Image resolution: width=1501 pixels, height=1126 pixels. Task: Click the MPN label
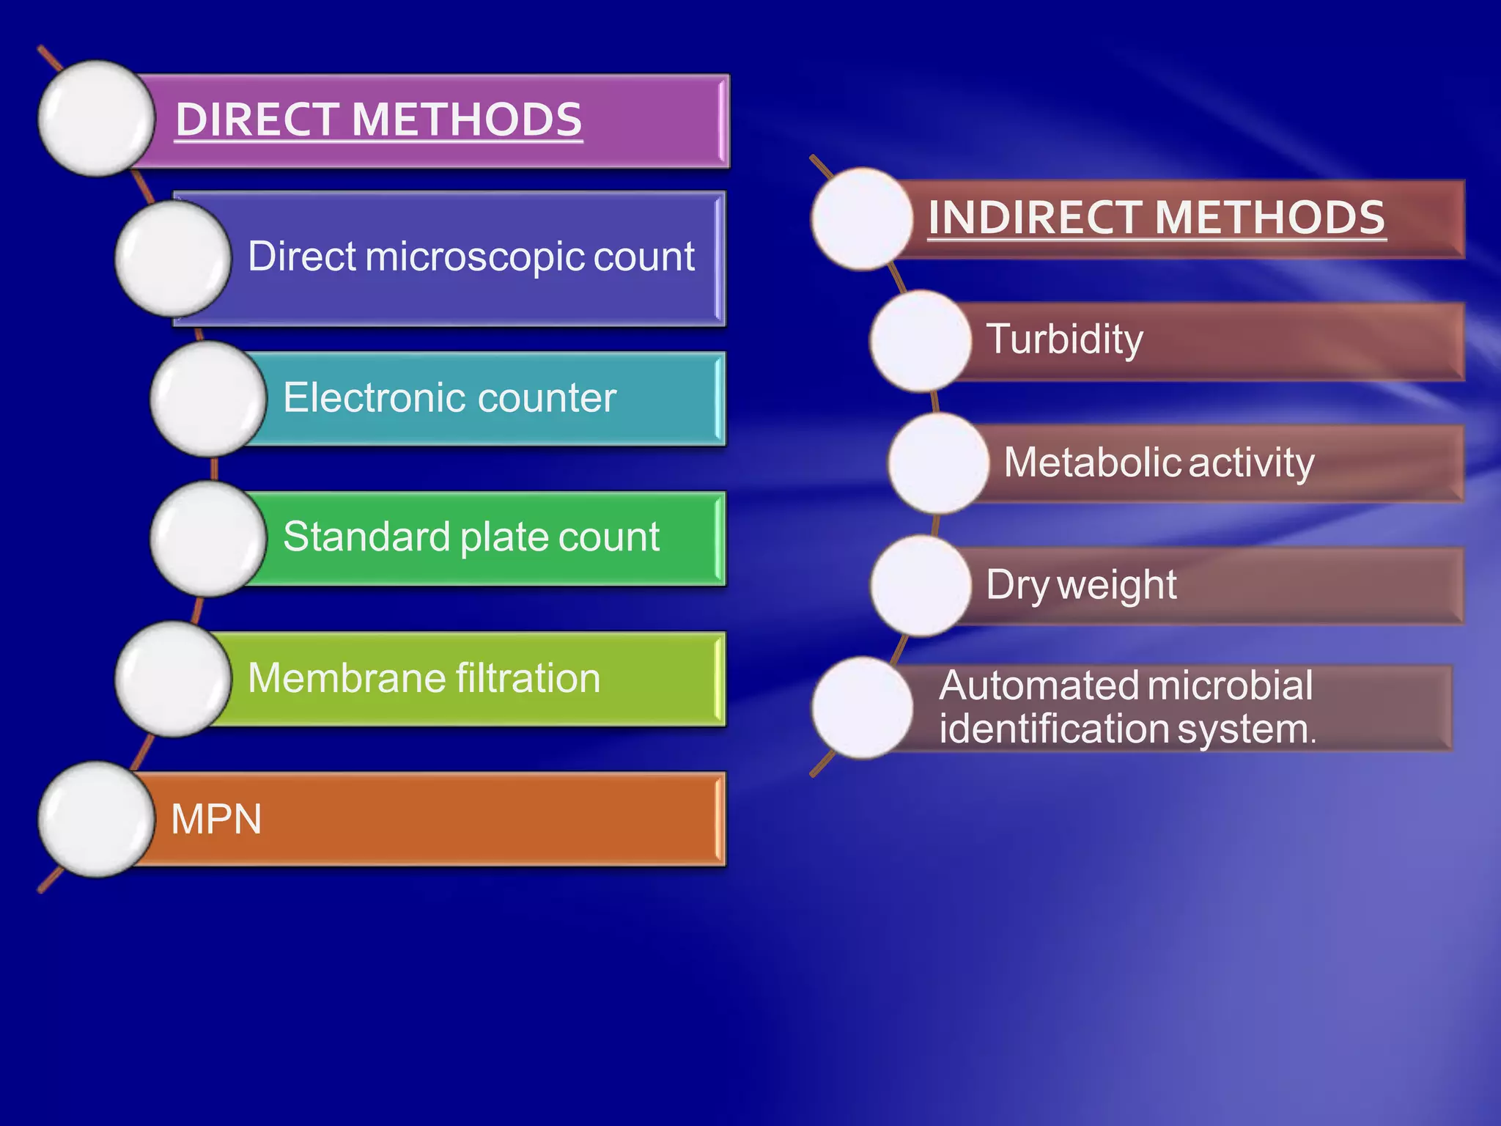[x=216, y=819]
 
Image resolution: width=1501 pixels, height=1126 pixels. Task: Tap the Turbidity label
[x=1064, y=339]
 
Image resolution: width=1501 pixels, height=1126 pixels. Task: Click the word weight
[x=1117, y=586]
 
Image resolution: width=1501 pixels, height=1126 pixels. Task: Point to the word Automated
[x=1039, y=685]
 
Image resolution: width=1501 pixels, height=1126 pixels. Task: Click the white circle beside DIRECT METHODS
[x=96, y=119]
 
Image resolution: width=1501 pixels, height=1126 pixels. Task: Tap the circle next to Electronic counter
[x=208, y=398]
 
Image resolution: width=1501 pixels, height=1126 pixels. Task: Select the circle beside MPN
[x=96, y=819]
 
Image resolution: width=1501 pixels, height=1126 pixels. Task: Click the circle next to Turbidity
[x=921, y=341]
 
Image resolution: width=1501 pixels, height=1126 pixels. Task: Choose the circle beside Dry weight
[x=921, y=586]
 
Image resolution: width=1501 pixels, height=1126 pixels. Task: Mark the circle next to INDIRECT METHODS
[x=862, y=218]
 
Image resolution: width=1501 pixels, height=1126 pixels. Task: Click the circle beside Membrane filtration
[x=173, y=679]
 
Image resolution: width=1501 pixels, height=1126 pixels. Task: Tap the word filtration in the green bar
[x=528, y=678]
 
